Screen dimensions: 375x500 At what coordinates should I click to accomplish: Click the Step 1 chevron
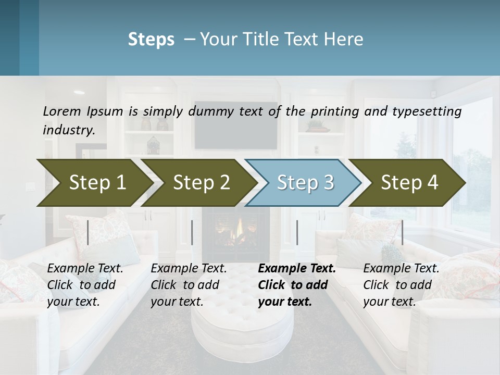tap(97, 182)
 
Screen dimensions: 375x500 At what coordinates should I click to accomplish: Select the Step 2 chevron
tap(201, 182)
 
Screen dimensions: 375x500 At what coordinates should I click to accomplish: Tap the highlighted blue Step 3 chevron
tap(305, 182)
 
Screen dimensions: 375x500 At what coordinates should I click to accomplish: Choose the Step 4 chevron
tap(409, 182)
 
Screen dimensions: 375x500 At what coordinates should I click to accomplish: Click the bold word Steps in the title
tap(151, 40)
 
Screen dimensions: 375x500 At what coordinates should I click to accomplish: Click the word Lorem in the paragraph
tap(62, 111)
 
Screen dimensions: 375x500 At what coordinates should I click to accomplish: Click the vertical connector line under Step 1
tap(88, 232)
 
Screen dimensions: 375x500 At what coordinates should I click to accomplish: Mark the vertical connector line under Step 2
tap(192, 232)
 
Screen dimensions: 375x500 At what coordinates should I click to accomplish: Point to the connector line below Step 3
tap(297, 232)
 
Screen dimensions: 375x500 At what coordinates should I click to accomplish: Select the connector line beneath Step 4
tap(402, 232)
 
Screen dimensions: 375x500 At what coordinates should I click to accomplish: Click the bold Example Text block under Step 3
tap(297, 285)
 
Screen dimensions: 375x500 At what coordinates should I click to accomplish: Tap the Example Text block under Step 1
tap(85, 285)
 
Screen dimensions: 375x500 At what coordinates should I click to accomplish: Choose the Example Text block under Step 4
tap(401, 285)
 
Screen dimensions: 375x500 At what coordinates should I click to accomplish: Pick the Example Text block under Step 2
tap(189, 285)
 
